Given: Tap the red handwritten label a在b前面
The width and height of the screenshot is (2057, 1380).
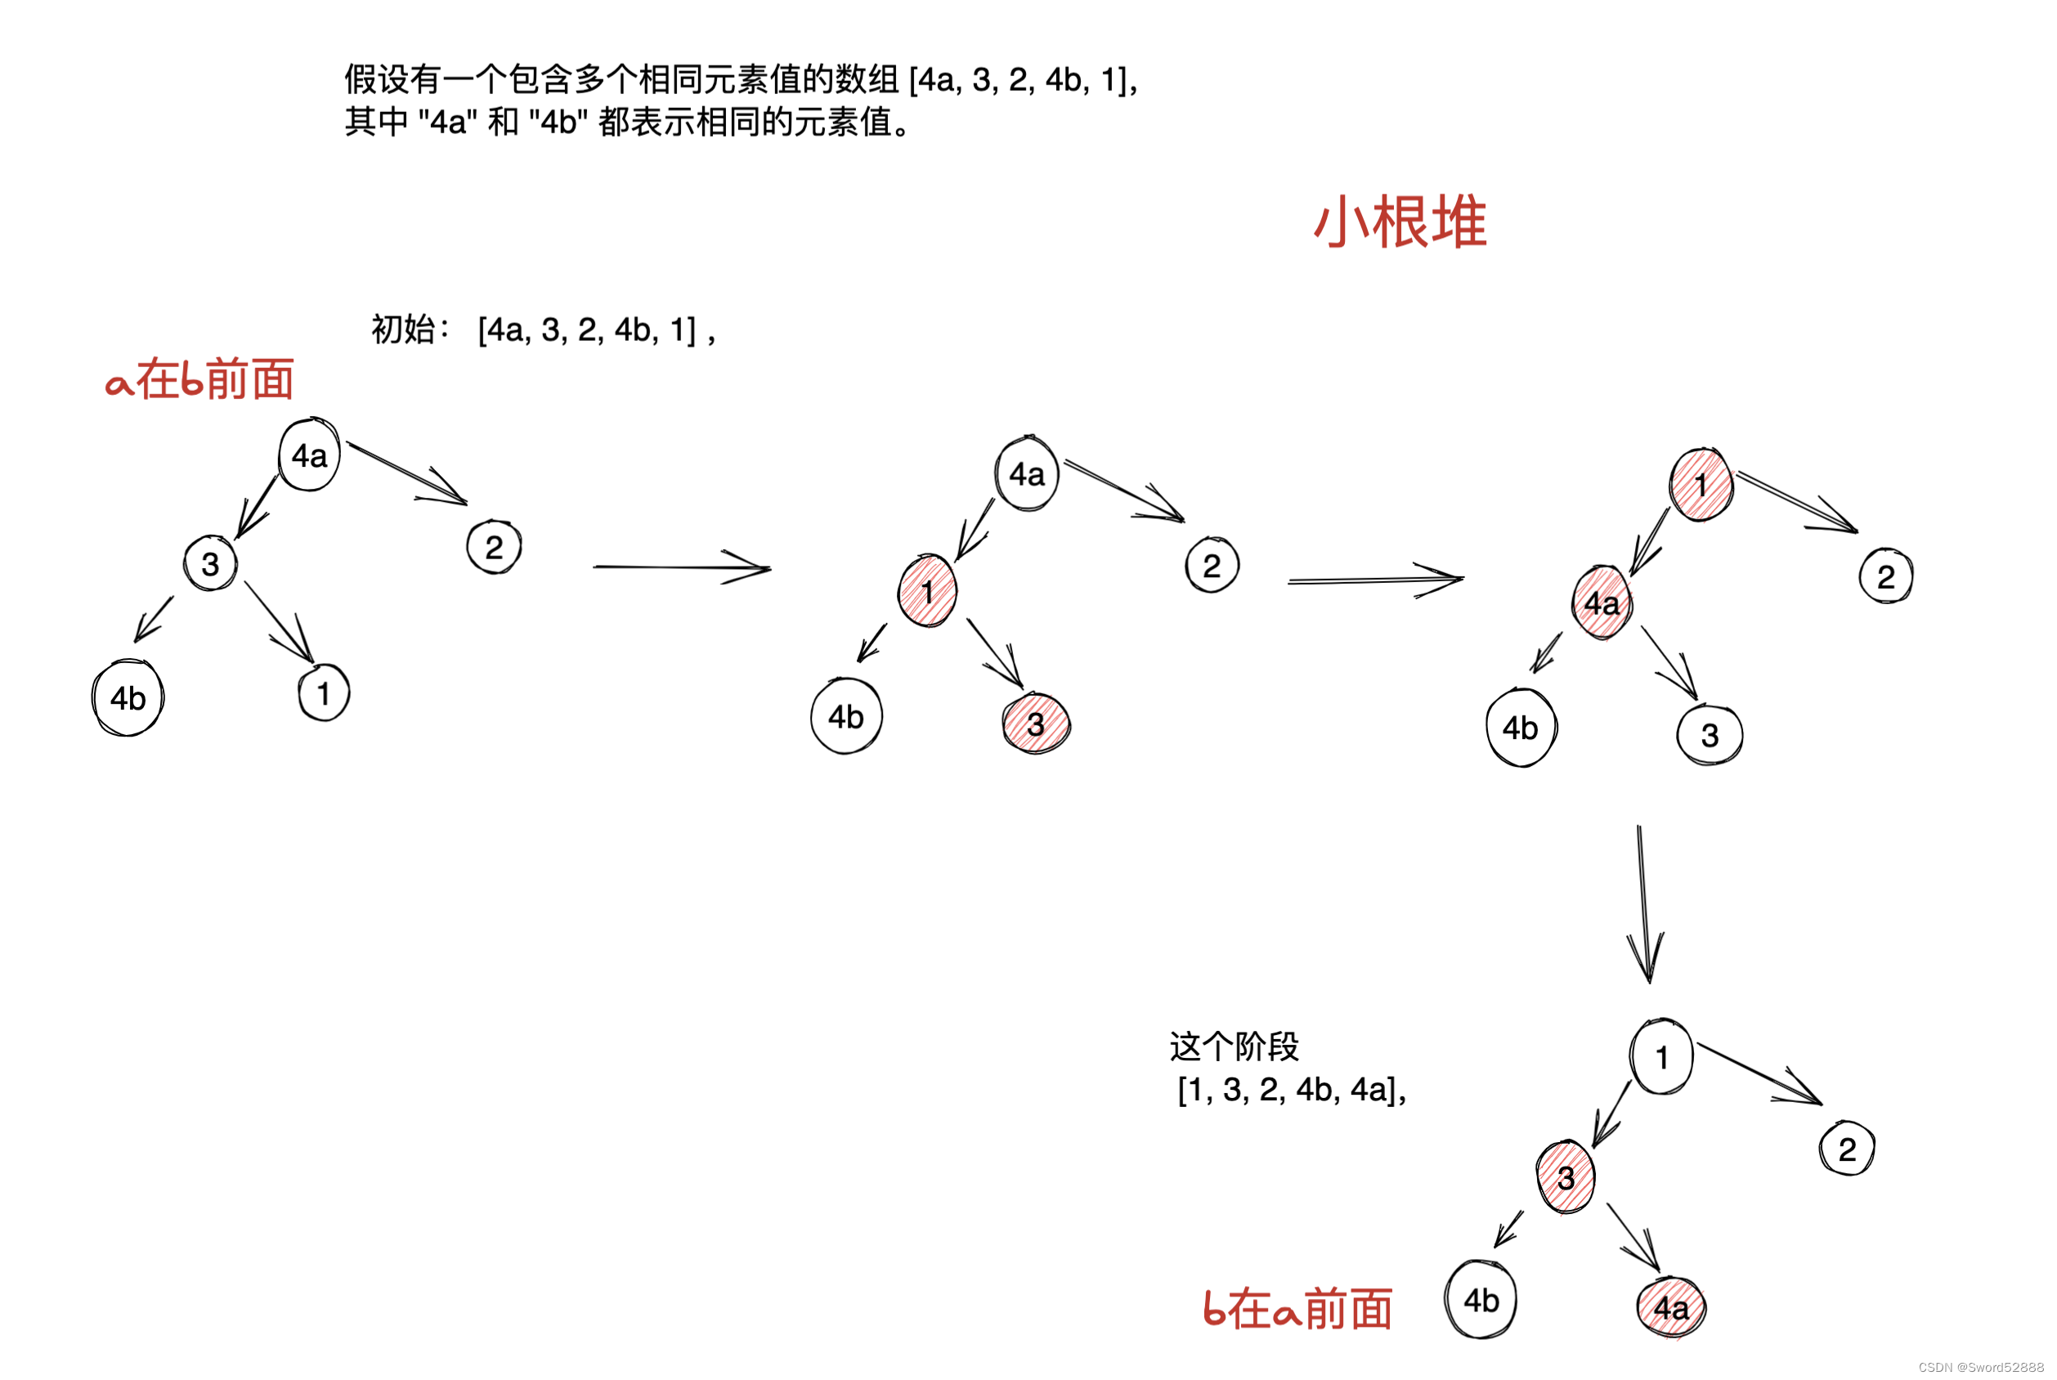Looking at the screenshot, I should (x=199, y=380).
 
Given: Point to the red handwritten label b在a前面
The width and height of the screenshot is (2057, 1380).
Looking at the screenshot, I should (x=1297, y=1309).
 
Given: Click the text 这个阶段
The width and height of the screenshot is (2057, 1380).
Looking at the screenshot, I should (x=1234, y=1047).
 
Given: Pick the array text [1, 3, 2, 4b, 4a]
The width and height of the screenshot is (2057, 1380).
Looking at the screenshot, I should (x=1291, y=1091).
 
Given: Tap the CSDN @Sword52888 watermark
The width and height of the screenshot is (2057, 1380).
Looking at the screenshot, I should (x=1980, y=1367).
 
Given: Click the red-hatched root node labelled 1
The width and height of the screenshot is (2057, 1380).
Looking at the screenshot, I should (x=1701, y=485).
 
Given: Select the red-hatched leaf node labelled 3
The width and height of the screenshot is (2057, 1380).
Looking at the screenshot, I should (x=1036, y=724).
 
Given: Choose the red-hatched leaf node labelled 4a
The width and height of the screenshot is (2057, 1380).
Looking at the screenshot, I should (x=1670, y=1308).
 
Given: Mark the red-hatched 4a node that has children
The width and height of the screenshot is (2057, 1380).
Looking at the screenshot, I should (x=1602, y=603).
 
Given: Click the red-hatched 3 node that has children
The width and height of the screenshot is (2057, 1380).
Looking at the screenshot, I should (x=1565, y=1177).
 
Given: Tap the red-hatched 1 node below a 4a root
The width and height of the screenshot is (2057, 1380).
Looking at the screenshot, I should (x=927, y=591).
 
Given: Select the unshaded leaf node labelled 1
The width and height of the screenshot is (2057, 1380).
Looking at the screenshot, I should (x=324, y=693).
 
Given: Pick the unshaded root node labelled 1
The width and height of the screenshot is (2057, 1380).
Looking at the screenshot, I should (x=1661, y=1057).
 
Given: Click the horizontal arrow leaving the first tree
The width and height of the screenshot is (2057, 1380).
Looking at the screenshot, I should (x=682, y=567).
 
